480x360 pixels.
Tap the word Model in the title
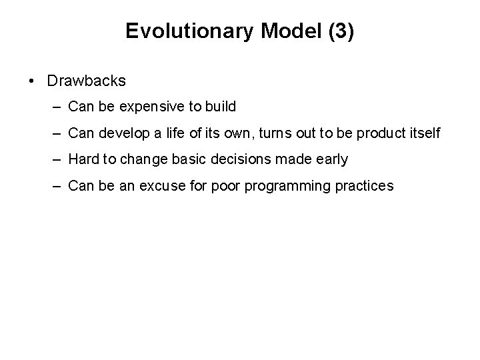point(284,31)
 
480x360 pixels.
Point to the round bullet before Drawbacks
point(33,81)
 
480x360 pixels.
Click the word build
point(221,107)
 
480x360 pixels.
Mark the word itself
point(423,133)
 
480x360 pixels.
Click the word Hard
point(83,159)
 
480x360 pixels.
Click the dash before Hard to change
point(59,159)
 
